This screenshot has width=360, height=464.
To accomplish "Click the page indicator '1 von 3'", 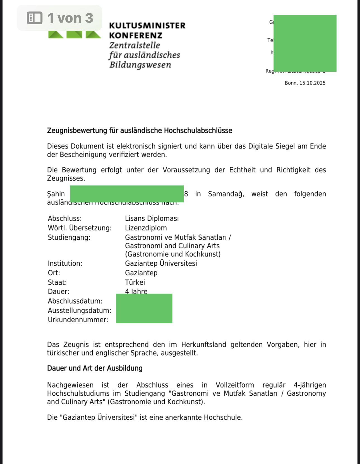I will pyautogui.click(x=70, y=18).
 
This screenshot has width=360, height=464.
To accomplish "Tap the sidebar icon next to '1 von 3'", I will pyautogui.click(x=35, y=18).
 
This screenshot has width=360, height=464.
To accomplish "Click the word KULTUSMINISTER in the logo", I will pyautogui.click(x=147, y=26).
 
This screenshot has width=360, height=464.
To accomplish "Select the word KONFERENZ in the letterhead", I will pyautogui.click(x=136, y=36).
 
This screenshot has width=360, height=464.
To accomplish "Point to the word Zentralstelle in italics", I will pyautogui.click(x=135, y=45).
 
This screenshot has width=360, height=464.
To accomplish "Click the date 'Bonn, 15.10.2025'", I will pyautogui.click(x=305, y=83).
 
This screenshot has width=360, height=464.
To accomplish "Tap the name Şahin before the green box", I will pyautogui.click(x=56, y=194).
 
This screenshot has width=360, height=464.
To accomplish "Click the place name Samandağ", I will pyautogui.click(x=226, y=194).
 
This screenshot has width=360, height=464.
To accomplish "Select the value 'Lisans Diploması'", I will pyautogui.click(x=152, y=218).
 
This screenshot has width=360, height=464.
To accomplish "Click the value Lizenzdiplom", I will pyautogui.click(x=146, y=228).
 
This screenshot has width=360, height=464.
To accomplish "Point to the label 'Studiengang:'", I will pyautogui.click(x=69, y=237).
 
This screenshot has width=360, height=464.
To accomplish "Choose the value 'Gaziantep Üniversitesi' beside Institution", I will pyautogui.click(x=161, y=263).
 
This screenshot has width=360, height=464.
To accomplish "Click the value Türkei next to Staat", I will pyautogui.click(x=135, y=282).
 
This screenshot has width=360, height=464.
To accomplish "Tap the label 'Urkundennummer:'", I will pyautogui.click(x=78, y=320).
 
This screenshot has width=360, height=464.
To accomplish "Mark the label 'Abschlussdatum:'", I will pyautogui.click(x=75, y=301).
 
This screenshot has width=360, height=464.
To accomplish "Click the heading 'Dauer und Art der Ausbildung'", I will pyautogui.click(x=95, y=368).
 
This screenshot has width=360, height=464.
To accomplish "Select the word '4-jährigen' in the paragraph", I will pyautogui.click(x=310, y=385).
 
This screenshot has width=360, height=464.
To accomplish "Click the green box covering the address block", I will pyautogui.click(x=305, y=43).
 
